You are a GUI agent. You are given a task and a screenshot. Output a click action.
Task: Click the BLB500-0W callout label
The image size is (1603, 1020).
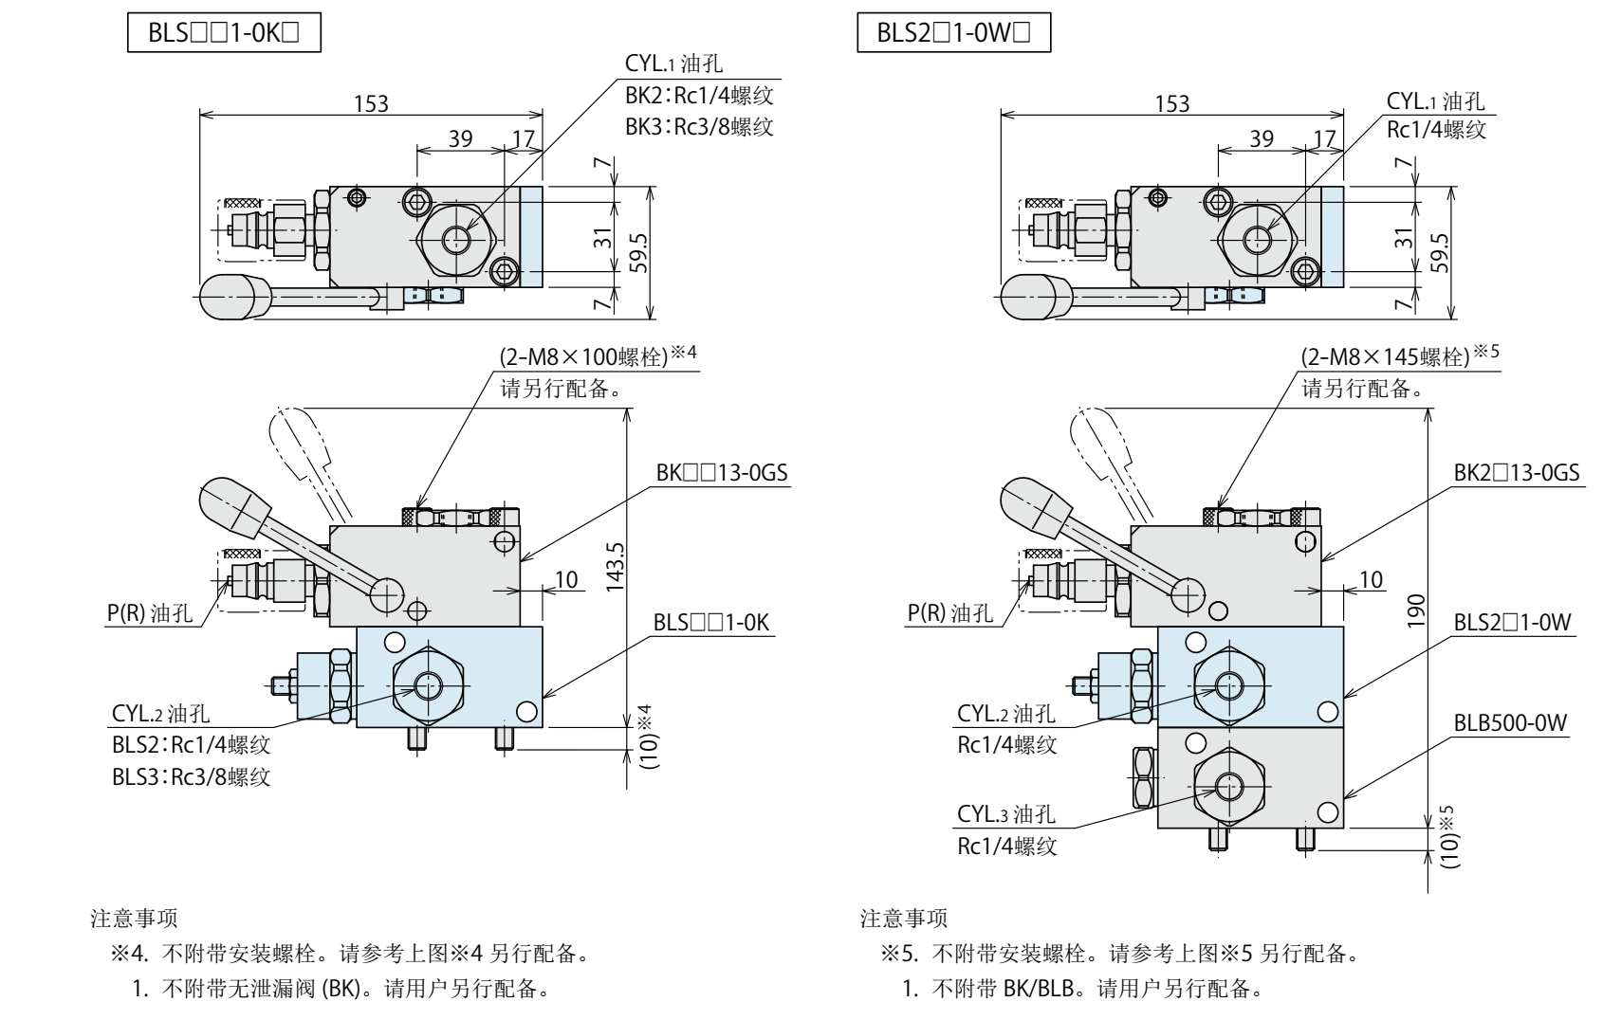pos(1510,723)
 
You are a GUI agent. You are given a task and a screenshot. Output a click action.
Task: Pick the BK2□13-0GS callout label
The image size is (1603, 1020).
pos(1518,471)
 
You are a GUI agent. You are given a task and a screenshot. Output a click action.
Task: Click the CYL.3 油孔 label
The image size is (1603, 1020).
pos(1005,814)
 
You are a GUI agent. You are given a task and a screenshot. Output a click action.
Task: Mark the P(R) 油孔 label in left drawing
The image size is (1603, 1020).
pos(149,612)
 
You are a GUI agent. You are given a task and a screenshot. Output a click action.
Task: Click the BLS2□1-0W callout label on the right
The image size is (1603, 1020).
pos(1514,622)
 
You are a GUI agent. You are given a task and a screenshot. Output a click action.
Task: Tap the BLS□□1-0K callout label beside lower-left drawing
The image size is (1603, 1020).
pos(711,622)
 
